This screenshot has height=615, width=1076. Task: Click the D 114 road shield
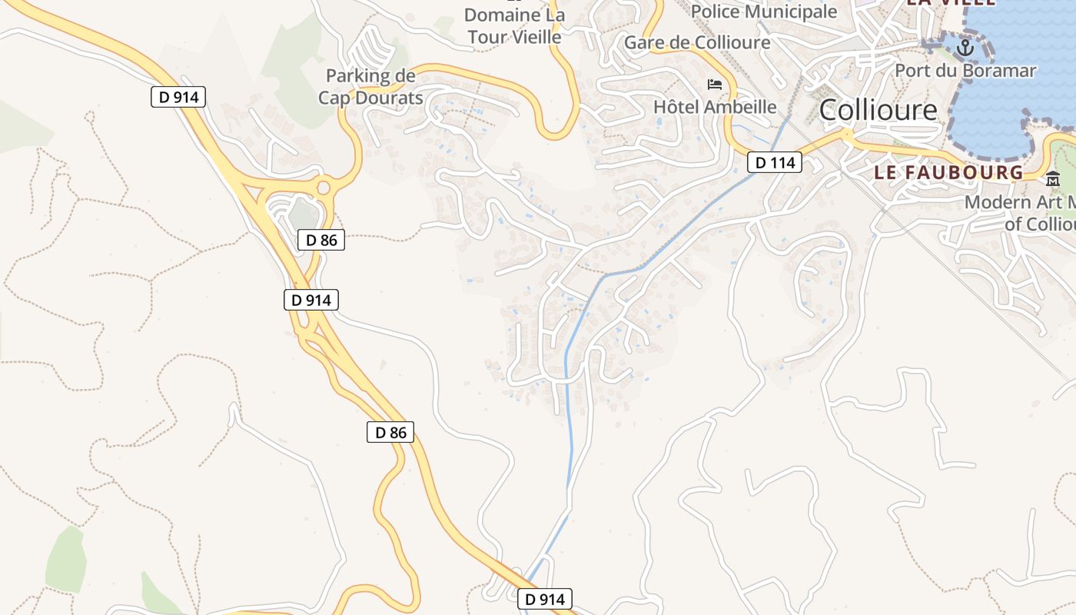[x=775, y=162]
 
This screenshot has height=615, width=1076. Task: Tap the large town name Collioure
[x=878, y=110]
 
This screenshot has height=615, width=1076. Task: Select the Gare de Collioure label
[x=696, y=42]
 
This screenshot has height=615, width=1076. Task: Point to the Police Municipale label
[x=763, y=12]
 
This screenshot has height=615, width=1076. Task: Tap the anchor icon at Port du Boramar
[x=964, y=48]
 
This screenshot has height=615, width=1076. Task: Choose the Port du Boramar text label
[x=965, y=71]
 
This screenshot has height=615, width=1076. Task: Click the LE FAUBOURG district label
[x=948, y=172]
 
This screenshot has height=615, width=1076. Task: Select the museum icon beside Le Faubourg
[x=1052, y=179]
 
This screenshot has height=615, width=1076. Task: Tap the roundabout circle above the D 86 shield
[x=324, y=187]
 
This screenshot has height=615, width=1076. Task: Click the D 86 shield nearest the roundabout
[x=321, y=240]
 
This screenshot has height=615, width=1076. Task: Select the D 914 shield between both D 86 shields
[x=311, y=300]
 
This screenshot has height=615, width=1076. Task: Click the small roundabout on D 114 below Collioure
[x=847, y=135]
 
